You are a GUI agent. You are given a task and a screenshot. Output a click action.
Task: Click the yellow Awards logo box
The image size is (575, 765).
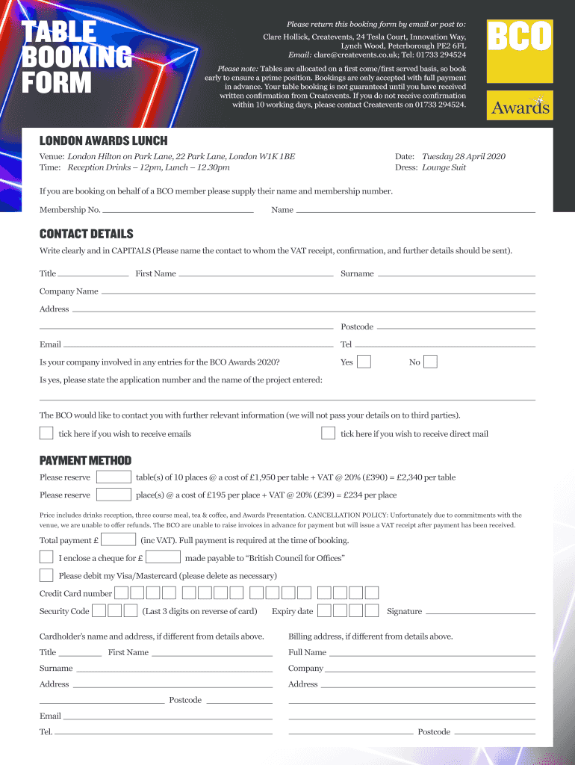(x=520, y=105)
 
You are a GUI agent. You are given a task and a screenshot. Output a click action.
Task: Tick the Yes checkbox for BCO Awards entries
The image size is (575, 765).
(x=364, y=362)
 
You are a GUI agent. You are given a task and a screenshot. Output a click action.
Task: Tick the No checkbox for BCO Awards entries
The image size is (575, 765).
(x=430, y=362)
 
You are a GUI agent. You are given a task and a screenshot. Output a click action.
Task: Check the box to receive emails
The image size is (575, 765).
(x=46, y=433)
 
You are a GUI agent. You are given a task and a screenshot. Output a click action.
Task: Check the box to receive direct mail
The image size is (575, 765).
(x=328, y=433)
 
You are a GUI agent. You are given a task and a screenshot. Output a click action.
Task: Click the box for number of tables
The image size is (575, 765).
(x=114, y=477)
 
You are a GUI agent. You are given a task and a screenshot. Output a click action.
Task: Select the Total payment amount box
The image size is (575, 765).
(x=118, y=539)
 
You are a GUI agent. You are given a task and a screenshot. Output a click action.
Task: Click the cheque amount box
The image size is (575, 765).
(x=164, y=557)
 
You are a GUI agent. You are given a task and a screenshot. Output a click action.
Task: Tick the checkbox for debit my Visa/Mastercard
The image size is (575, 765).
(x=46, y=575)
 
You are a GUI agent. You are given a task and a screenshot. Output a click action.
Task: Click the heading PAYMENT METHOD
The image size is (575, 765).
(x=85, y=460)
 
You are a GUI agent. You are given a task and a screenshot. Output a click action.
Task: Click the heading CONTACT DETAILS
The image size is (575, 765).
(x=87, y=234)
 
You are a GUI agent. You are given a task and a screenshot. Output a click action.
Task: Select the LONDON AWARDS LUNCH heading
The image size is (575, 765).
(x=103, y=140)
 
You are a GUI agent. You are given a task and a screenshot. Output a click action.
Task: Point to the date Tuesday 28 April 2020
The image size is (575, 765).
(x=463, y=157)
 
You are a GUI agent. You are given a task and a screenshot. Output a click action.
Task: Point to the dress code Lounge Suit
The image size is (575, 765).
(x=444, y=168)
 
